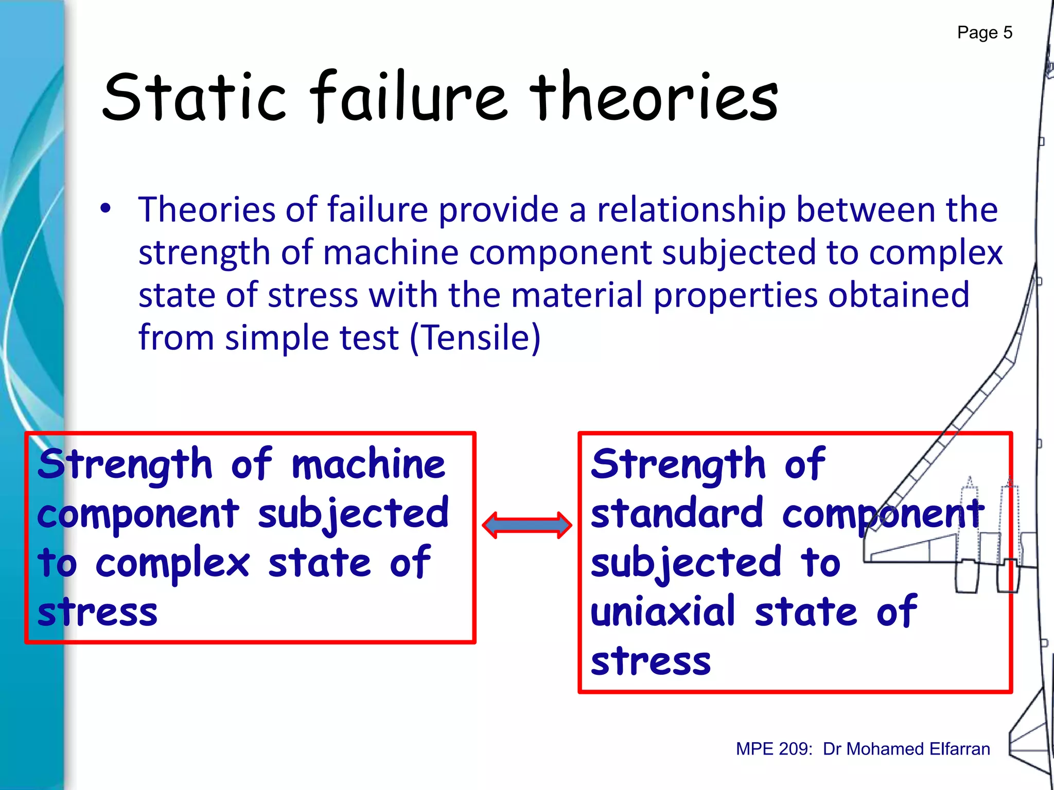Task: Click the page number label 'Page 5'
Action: [984, 33]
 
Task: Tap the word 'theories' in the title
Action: [653, 97]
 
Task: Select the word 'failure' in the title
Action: [410, 97]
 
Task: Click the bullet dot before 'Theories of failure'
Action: [106, 209]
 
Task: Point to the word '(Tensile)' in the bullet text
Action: [475, 338]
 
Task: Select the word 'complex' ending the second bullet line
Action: [936, 253]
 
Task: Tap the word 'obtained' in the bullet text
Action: [899, 295]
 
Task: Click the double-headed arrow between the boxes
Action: [526, 525]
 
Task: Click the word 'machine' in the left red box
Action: [368, 464]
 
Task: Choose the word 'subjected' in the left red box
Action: [354, 513]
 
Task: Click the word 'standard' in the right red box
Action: [677, 513]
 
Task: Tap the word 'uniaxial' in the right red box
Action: [663, 612]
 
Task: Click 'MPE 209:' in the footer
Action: [774, 749]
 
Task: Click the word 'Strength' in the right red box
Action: [678, 465]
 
